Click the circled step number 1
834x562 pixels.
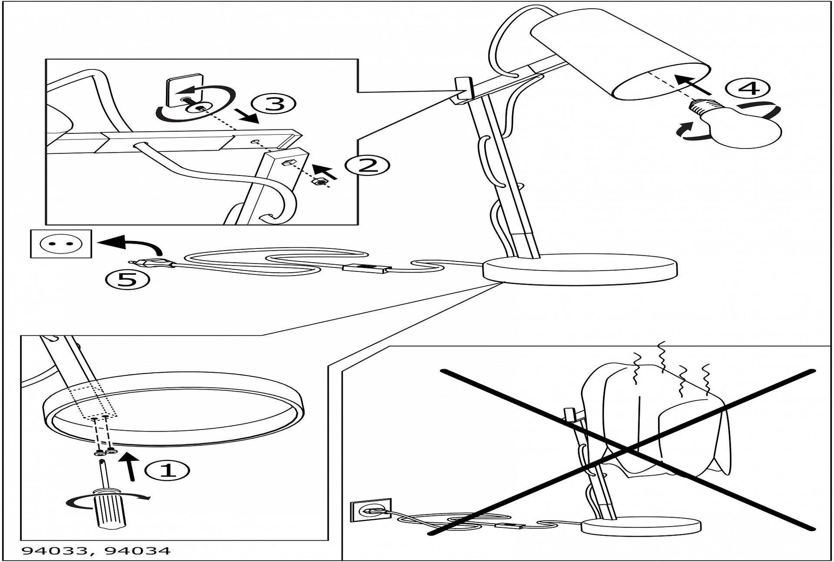pos(167,470)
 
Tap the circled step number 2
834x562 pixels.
pos(367,165)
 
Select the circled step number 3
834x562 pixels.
pos(274,104)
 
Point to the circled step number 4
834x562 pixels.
pos(748,89)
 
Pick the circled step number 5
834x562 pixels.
pos(128,279)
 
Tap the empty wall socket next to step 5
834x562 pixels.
pos(61,244)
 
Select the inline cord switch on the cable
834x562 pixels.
pos(366,268)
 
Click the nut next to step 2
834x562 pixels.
pos(320,182)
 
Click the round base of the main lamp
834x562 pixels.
pos(580,269)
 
